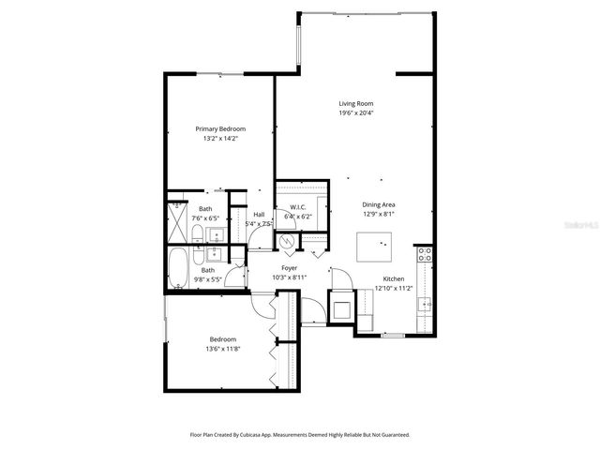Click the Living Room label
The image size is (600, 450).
click(356, 103)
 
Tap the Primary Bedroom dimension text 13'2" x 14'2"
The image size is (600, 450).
click(221, 139)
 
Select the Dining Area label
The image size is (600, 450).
click(380, 203)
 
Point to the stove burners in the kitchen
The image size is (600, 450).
click(423, 253)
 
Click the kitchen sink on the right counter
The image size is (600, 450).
click(424, 303)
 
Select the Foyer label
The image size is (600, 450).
click(290, 268)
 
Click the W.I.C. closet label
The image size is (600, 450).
click(299, 207)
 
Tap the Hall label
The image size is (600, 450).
click(259, 215)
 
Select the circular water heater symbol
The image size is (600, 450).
click(289, 241)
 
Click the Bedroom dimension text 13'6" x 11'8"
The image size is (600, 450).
click(222, 349)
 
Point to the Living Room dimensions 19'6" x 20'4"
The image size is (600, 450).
click(356, 112)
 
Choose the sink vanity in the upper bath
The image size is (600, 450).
click(215, 234)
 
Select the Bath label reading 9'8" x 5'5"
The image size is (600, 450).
click(206, 278)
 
